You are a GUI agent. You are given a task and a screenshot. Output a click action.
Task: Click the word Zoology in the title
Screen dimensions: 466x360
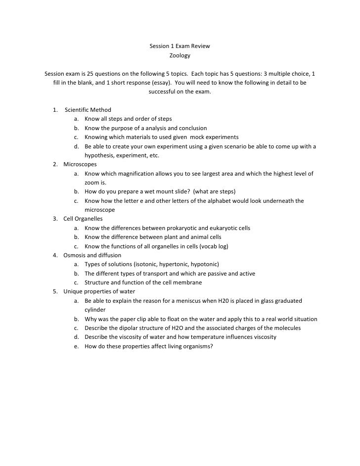click(x=180, y=56)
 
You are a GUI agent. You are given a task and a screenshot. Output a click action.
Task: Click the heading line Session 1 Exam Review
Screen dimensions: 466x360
click(x=180, y=47)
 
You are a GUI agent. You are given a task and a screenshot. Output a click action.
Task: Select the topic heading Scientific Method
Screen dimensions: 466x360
click(x=88, y=110)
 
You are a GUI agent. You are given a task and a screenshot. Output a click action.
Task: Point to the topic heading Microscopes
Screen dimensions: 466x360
click(x=80, y=164)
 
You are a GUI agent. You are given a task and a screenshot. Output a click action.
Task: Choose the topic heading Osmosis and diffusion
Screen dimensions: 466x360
click(x=92, y=255)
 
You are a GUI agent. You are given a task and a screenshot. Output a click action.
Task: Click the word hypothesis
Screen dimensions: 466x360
click(x=100, y=155)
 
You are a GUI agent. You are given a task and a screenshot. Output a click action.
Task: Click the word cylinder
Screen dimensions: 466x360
click(x=95, y=310)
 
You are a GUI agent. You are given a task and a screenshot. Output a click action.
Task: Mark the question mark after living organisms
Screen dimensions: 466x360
click(x=212, y=346)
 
